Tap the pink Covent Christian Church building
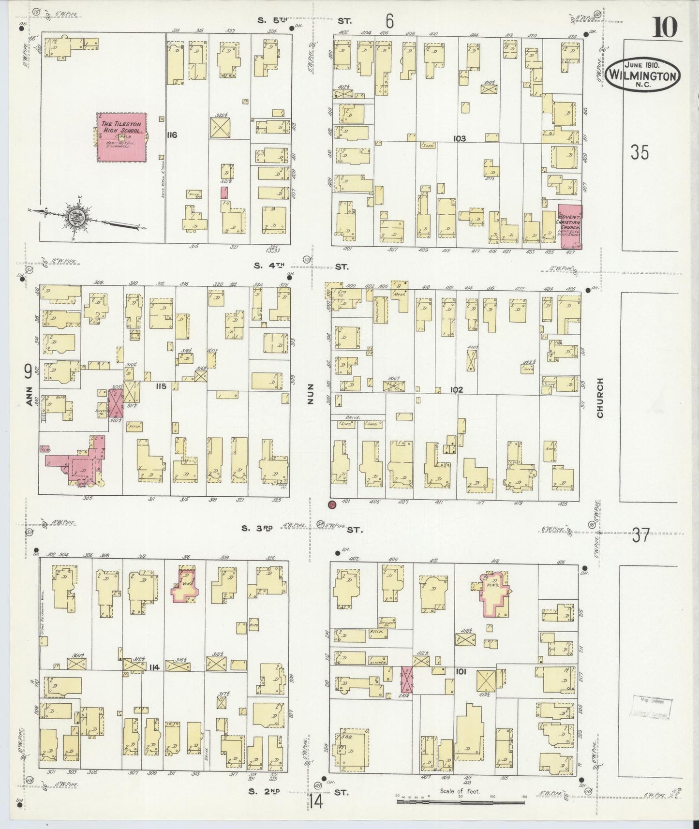(570, 226)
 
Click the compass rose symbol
(76, 216)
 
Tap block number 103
(459, 139)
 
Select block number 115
(161, 386)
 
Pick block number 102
(456, 389)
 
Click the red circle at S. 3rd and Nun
(332, 504)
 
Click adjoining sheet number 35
(640, 152)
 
